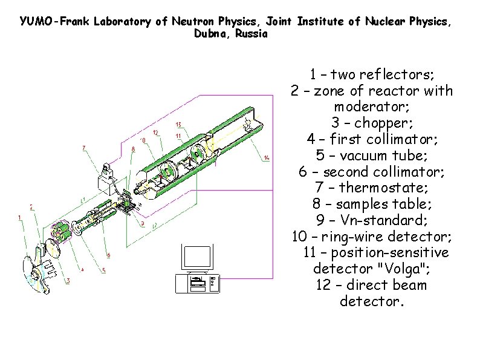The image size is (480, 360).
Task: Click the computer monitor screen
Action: pos(198,258)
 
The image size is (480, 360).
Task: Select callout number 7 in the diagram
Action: pos(83,147)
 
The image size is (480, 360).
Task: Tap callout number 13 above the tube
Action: pos(178,125)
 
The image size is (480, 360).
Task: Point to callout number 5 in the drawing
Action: pos(103,270)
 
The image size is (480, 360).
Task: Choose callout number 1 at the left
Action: pos(19,218)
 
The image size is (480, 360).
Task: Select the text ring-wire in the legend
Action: pos(354,236)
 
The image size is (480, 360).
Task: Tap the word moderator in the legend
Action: pos(372,106)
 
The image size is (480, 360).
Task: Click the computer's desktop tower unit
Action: pos(198,283)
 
